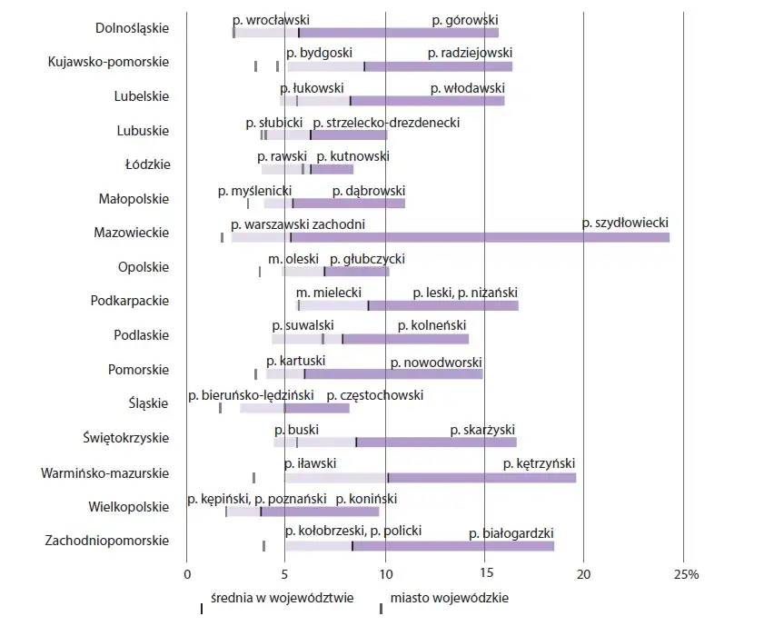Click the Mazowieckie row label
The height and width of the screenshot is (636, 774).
pos(131,233)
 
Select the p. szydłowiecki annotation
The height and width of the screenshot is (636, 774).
pos(625,223)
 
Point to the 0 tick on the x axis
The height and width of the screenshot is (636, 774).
pos(186,574)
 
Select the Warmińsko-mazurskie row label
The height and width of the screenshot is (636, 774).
pos(105,472)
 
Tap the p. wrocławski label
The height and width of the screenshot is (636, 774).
pos(272,19)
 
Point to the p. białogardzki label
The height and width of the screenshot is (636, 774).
pos(511,533)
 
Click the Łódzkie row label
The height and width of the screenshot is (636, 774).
pos(146,164)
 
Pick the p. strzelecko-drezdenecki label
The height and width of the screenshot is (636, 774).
pos(386,122)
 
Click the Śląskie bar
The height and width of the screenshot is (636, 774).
pos(294,408)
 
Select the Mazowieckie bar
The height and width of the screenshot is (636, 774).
pos(450,237)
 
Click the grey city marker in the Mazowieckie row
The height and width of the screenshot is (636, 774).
pos(222,237)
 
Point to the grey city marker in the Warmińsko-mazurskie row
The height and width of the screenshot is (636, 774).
pos(253,477)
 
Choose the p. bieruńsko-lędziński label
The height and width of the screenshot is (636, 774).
pos(251,395)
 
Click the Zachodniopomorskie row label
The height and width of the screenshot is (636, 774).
pos(106,541)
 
